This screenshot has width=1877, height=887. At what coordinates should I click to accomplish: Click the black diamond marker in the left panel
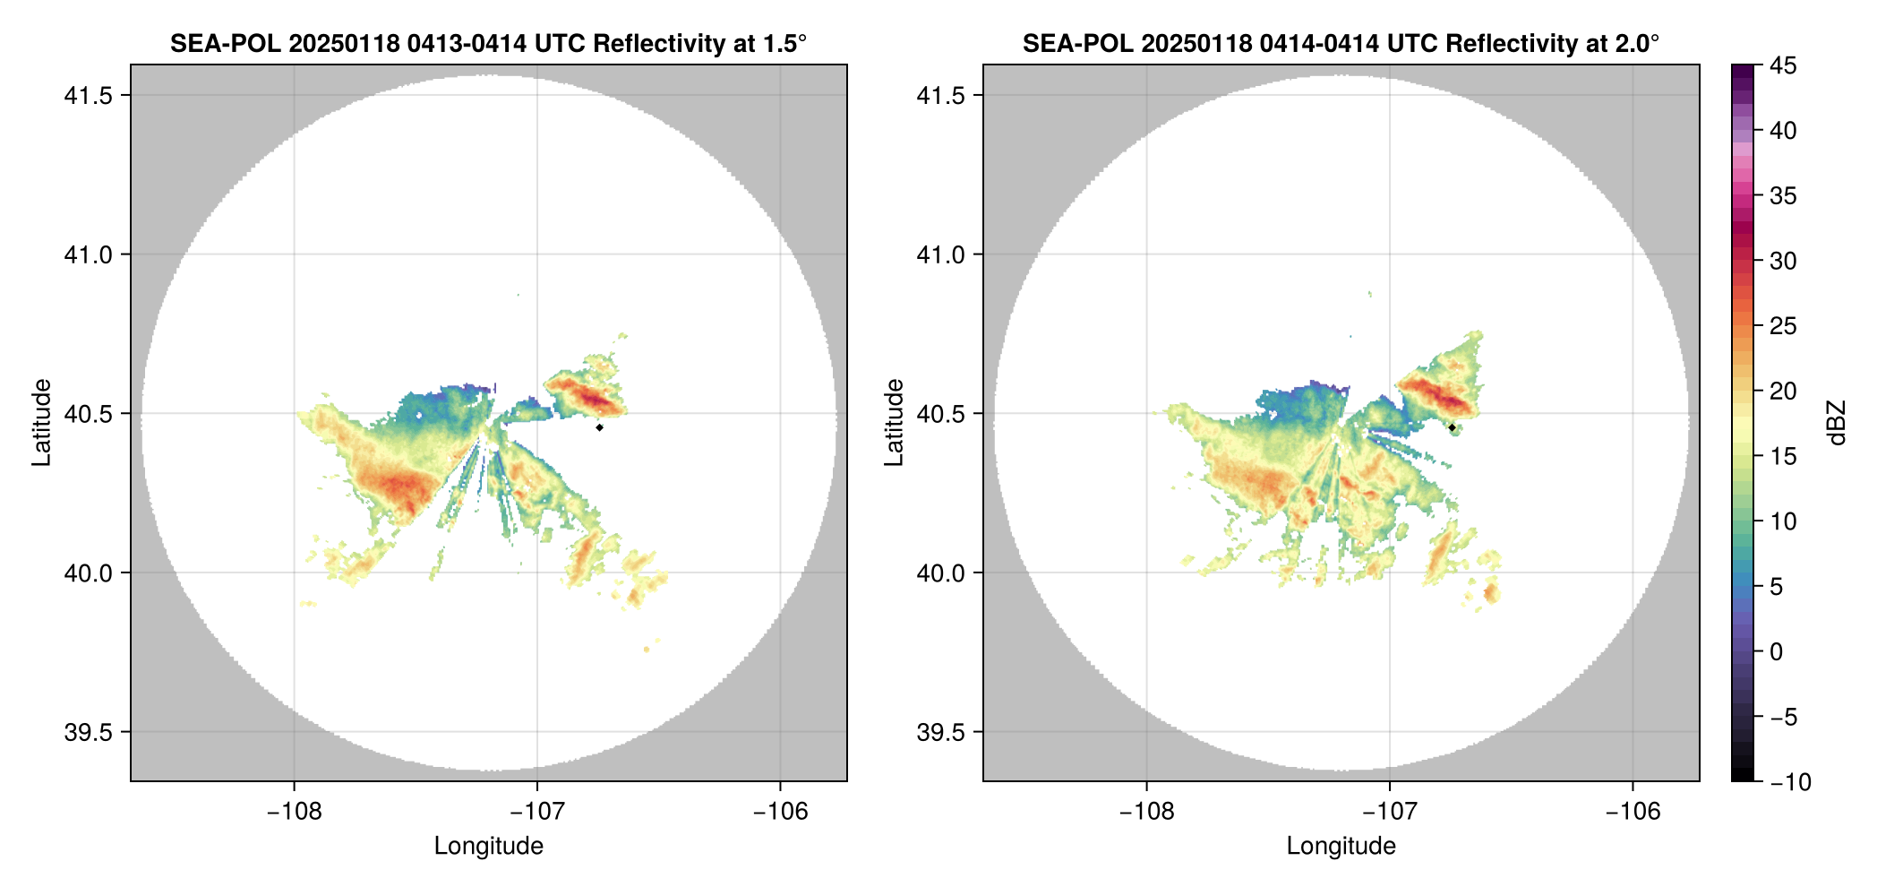pos(599,427)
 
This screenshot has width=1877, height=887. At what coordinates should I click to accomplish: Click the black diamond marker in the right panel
pos(1452,427)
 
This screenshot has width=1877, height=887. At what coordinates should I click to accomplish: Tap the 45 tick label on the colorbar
pos(1783,65)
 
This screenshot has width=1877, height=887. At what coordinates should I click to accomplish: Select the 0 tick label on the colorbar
pos(1777,652)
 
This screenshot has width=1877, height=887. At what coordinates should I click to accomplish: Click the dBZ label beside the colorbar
pos(1838,423)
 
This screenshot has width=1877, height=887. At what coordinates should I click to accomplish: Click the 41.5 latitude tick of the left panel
pos(88,96)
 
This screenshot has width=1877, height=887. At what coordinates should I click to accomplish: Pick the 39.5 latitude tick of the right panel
pos(940,732)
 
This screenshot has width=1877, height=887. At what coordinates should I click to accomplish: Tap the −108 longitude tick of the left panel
pos(294,812)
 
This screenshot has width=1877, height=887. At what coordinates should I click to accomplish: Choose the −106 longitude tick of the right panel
pos(1633,812)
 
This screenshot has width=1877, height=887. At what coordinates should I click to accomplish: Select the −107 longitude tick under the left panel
pos(536,812)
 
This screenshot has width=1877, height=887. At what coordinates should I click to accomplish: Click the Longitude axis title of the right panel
pos(1341,846)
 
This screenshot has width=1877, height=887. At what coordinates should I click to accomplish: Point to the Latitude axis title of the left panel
pos(41,423)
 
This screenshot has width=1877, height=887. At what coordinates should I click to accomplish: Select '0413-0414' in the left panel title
pos(467,44)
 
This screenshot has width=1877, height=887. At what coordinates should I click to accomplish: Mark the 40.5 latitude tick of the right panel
pos(940,414)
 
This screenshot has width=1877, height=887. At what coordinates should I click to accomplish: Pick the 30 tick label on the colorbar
pos(1783,262)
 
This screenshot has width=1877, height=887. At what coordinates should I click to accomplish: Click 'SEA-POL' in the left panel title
pos(224,44)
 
